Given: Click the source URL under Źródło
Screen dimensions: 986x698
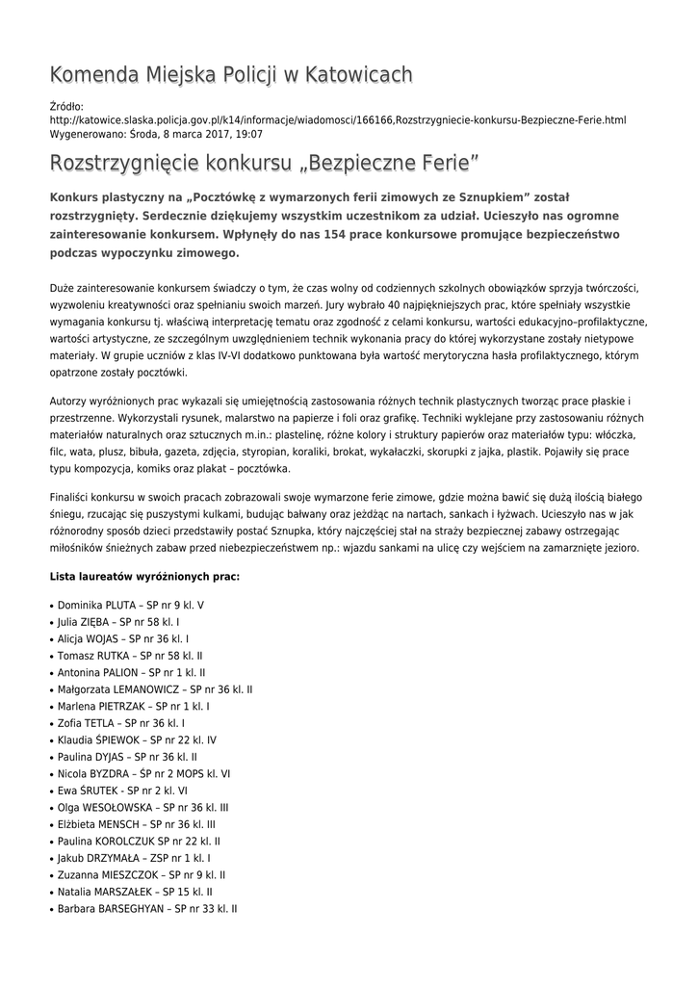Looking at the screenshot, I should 337,120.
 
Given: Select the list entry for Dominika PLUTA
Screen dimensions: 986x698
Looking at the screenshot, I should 131,605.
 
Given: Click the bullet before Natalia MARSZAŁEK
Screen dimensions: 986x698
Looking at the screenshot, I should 51,893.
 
